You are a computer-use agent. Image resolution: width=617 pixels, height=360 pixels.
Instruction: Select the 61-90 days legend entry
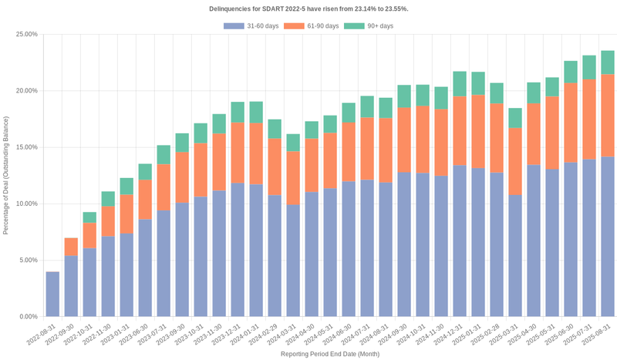click(x=312, y=26)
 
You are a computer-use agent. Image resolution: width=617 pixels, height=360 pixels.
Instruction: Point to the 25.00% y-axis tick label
click(x=25, y=34)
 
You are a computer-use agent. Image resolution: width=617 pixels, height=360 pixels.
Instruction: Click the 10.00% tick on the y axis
click(x=25, y=204)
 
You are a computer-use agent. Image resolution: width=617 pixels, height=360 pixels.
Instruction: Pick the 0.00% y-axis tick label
click(x=27, y=316)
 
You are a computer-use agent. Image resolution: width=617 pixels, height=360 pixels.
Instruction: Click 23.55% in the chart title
click(x=396, y=8)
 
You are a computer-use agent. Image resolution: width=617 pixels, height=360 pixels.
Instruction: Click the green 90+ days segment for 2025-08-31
click(x=608, y=62)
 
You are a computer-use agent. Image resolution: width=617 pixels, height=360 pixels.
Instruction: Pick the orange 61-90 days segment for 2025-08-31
click(x=608, y=116)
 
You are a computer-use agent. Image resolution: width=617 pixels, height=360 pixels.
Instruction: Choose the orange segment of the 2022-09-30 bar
click(x=71, y=247)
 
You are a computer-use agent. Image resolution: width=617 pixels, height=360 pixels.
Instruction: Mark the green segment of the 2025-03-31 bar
click(x=515, y=118)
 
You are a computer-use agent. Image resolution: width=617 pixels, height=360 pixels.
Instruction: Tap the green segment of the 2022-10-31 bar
click(x=89, y=217)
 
